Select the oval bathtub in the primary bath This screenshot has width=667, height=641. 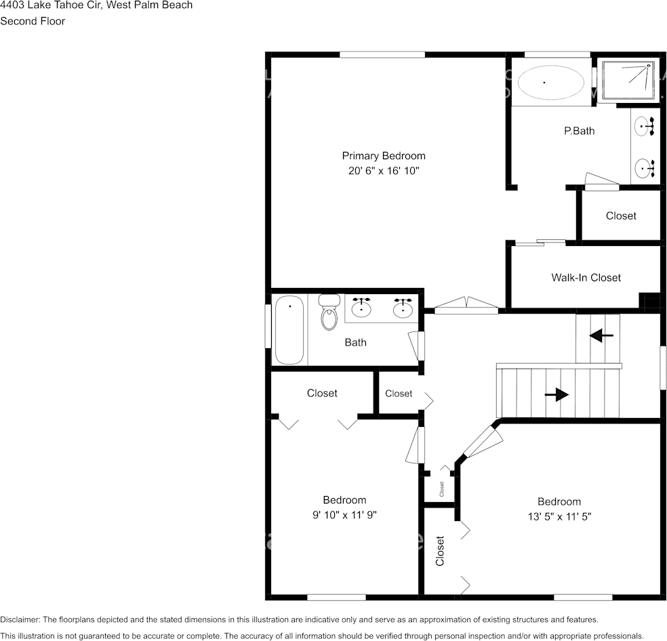click(550, 83)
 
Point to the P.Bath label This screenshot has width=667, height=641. click(579, 131)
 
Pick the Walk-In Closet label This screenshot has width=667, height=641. click(586, 277)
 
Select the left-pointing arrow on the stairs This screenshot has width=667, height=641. click(601, 335)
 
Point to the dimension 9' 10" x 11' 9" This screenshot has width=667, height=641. click(344, 515)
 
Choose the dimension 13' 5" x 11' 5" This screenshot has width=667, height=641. click(559, 516)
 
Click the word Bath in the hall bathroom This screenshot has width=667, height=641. click(355, 342)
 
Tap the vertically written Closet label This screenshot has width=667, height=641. click(440, 551)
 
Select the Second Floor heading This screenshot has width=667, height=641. click(33, 21)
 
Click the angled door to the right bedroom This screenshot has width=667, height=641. click(483, 441)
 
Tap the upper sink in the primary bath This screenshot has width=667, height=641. click(644, 126)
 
